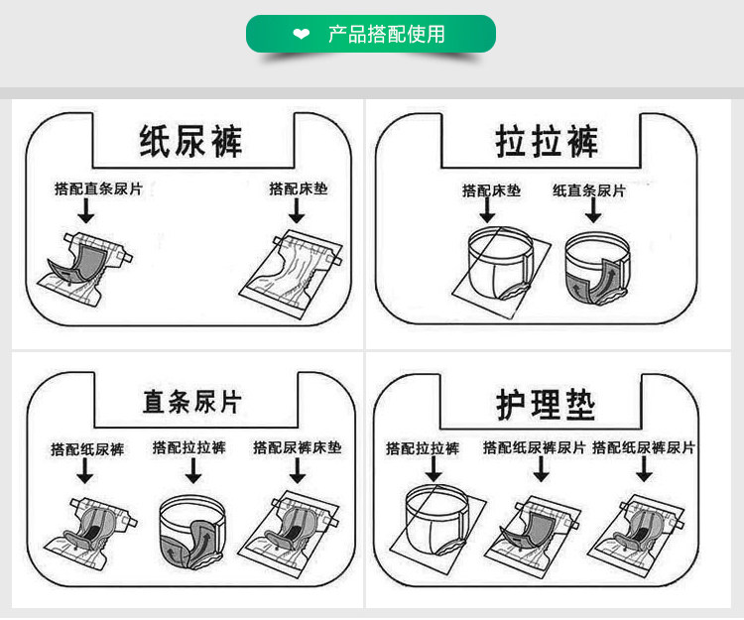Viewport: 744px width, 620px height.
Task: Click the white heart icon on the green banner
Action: [302, 35]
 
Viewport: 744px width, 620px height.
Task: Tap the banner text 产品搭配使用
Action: [386, 35]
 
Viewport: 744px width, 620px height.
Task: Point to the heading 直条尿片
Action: [191, 402]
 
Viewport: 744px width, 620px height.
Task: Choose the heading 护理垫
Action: [546, 404]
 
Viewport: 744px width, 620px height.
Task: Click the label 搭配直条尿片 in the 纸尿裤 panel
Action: [98, 188]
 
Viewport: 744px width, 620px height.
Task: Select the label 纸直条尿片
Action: [589, 190]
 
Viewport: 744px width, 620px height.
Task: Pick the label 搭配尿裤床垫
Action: [297, 448]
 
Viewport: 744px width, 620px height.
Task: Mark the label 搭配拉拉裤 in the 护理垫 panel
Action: [423, 448]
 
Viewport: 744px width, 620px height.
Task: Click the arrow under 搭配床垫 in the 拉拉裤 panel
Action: [487, 210]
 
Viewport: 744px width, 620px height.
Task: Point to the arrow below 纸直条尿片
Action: [592, 210]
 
